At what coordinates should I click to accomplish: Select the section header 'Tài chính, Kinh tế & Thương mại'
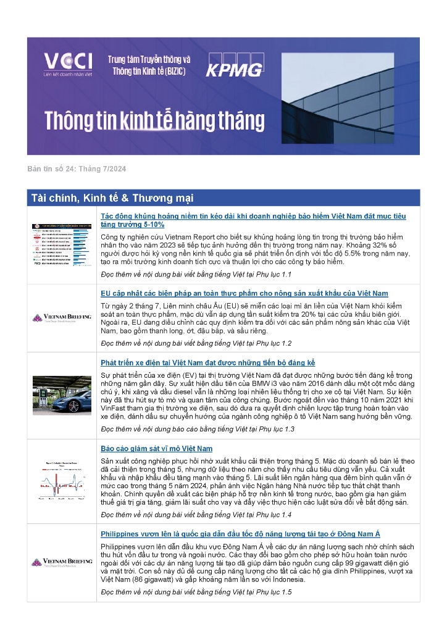pos(112,198)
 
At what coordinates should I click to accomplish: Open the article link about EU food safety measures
pos(244,293)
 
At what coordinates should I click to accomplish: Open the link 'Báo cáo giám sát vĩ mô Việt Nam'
pos(156,449)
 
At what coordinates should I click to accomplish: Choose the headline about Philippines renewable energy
pos(249,534)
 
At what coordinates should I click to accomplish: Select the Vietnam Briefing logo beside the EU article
pos(62,318)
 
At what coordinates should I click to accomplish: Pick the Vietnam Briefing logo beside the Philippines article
pos(62,563)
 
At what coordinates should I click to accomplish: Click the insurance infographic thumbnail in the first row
pos(62,244)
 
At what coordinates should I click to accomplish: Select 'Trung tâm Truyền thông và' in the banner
pos(149,59)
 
